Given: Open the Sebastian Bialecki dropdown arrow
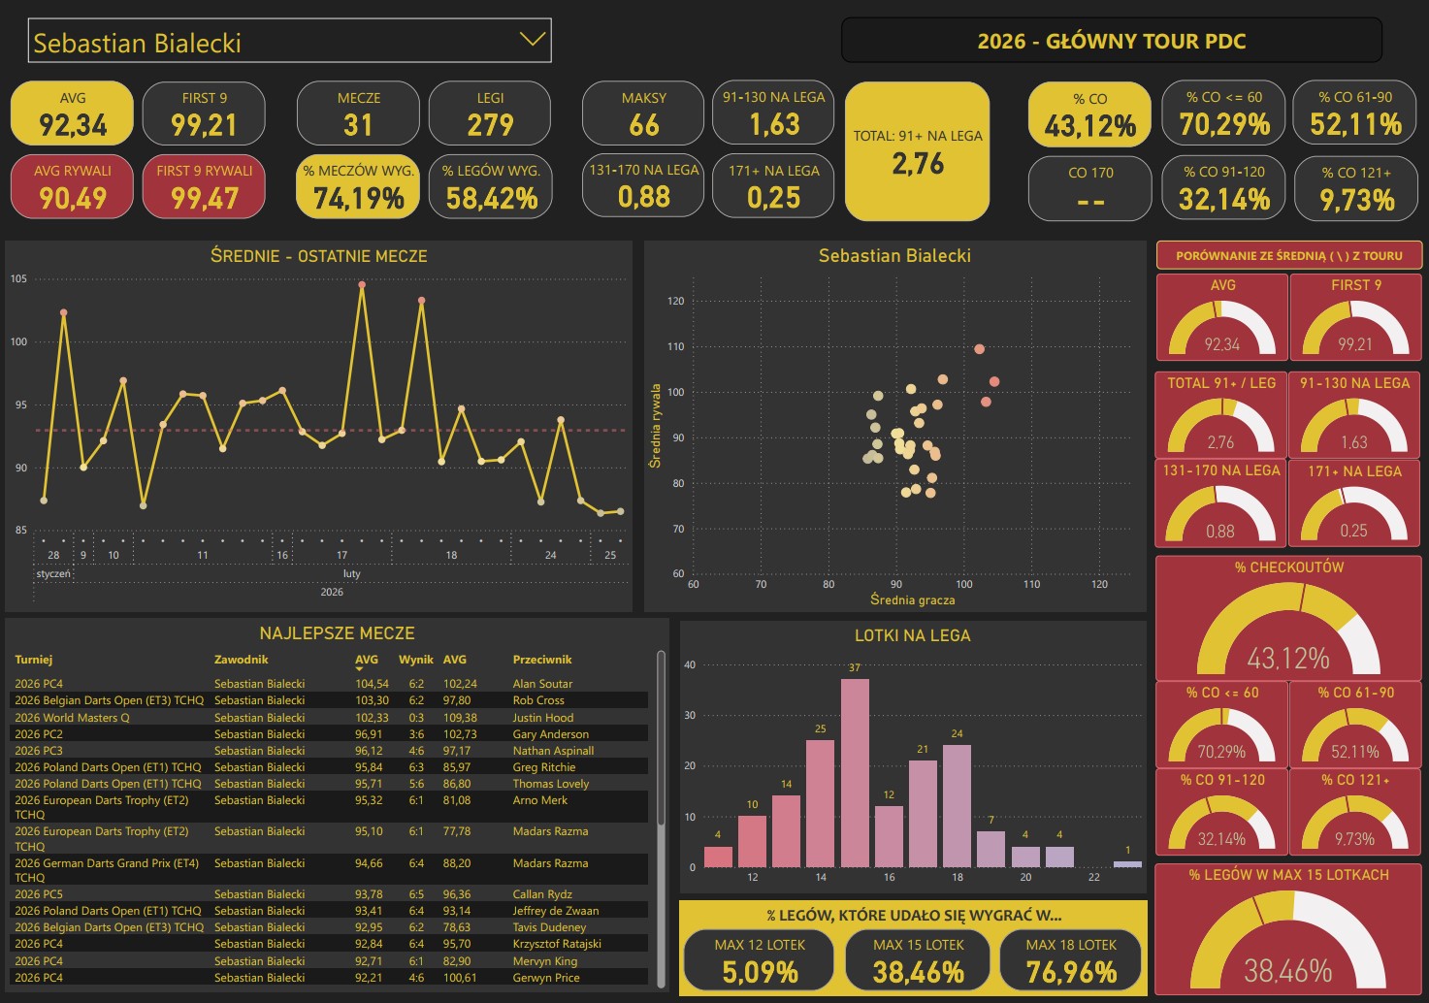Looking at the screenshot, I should (532, 40).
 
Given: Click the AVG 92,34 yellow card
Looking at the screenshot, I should (72, 113).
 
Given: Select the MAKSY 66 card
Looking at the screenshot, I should (643, 113).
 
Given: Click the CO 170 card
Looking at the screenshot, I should (1090, 188).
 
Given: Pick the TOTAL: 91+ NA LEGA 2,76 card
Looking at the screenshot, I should (918, 151).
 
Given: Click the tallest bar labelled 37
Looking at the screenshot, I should (855, 772).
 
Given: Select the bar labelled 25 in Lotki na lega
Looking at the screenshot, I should (821, 803).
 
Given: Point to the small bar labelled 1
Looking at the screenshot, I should (1127, 863).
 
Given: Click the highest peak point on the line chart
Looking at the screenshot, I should (362, 285).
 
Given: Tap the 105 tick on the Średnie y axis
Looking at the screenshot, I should (19, 279).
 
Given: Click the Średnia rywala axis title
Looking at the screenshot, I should (655, 426).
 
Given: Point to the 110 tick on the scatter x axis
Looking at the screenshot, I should (1031, 584).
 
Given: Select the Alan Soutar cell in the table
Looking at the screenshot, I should (542, 684).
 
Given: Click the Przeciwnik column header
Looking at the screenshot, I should (542, 660).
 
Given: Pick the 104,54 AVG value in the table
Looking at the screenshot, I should (372, 684).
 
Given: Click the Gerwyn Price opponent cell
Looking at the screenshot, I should (546, 978).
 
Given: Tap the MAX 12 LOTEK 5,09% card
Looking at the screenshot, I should (760, 961).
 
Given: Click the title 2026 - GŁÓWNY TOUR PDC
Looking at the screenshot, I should (1111, 41).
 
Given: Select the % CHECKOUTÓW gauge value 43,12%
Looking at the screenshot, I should (1288, 659).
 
